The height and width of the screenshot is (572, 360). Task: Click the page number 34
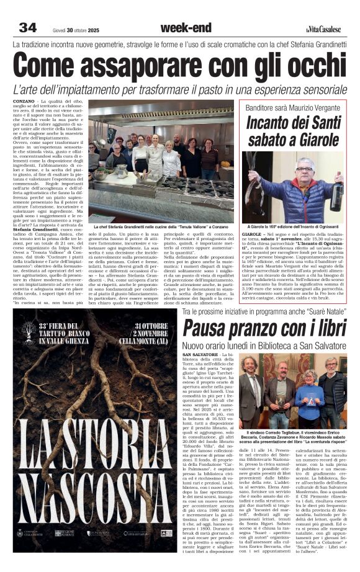[27, 27]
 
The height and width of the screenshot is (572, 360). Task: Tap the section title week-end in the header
[186, 27]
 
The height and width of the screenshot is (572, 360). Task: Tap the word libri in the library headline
[323, 329]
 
